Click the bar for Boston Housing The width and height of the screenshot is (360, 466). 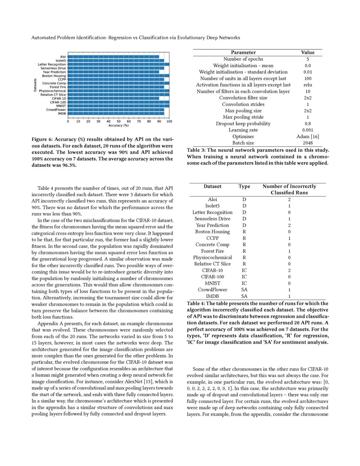tap(119, 76)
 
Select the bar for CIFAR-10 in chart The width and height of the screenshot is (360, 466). tap(114, 98)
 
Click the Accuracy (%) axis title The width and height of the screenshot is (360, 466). tap(118, 125)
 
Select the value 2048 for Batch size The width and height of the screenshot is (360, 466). tap(308, 143)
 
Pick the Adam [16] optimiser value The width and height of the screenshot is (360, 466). tap(308, 136)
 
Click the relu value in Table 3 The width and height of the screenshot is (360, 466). tap(308, 85)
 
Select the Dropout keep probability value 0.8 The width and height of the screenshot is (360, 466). tap(308, 123)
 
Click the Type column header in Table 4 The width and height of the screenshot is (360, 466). tap(244, 186)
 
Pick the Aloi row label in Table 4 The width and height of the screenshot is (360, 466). tap(212, 199)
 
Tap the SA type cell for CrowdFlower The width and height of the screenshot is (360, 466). tap(244, 289)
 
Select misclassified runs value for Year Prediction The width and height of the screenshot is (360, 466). tap(289, 225)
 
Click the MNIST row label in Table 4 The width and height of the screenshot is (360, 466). tap(212, 283)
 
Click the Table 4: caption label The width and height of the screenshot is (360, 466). tap(199, 303)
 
